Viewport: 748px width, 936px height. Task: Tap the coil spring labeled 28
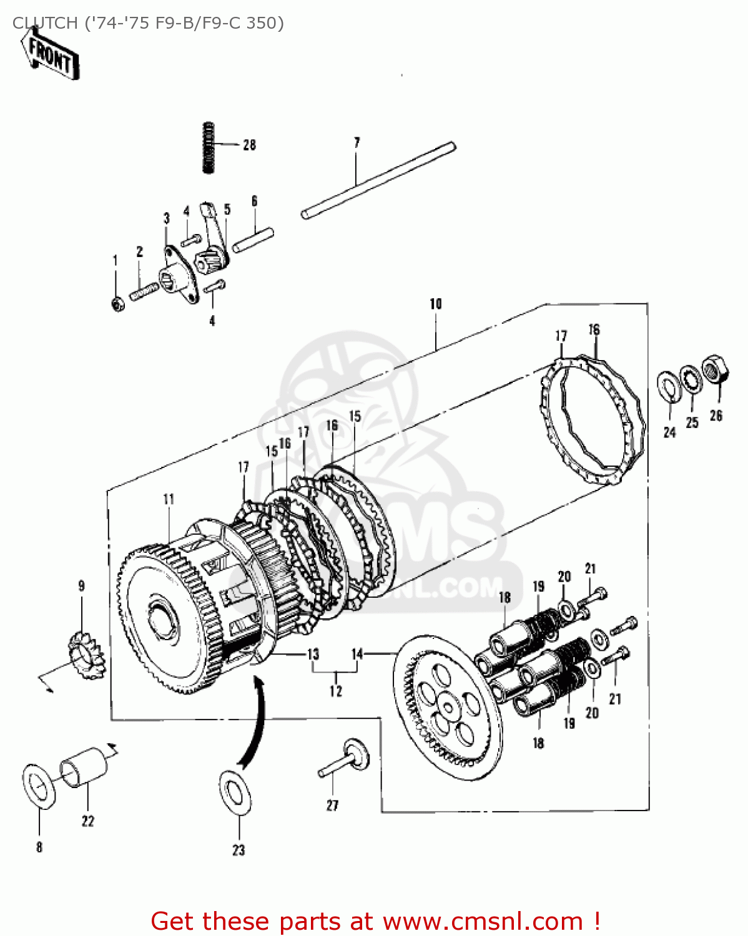click(x=208, y=147)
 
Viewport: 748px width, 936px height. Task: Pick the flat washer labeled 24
click(x=669, y=386)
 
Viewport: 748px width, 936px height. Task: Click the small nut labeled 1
click(x=117, y=304)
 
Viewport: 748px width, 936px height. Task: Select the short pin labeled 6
click(x=253, y=240)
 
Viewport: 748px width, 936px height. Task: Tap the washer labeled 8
click(x=39, y=785)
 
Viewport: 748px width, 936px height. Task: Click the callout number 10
click(x=435, y=304)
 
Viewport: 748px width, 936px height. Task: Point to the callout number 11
click(x=169, y=499)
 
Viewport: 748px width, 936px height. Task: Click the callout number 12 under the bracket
click(x=336, y=691)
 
